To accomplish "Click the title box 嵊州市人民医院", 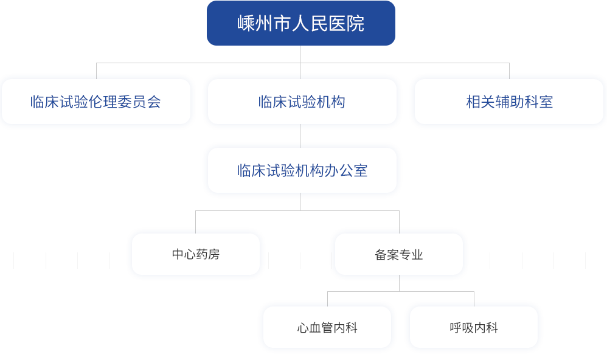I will [300, 23].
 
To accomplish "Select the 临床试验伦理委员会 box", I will [96, 102].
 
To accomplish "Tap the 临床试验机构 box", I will [302, 102].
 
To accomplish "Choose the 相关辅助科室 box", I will [509, 102].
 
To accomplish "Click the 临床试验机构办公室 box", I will [302, 170].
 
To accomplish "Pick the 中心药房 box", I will [195, 254].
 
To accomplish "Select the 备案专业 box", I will [398, 254].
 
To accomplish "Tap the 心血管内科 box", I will [327, 328].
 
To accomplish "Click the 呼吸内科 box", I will [473, 328].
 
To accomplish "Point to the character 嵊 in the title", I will [245, 24].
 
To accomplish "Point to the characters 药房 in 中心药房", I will [207, 254].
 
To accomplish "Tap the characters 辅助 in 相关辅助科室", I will [509, 102].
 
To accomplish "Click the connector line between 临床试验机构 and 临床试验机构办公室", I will [300, 136].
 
